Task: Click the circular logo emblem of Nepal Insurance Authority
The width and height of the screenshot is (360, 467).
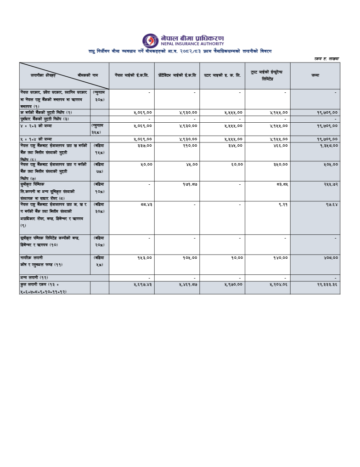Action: [150, 40]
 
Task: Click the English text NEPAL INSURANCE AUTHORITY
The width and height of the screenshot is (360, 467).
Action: [192, 44]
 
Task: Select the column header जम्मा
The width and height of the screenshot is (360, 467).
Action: [315, 75]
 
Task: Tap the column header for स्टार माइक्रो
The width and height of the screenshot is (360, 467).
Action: [222, 75]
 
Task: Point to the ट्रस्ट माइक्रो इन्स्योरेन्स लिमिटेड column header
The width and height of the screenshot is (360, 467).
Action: [267, 75]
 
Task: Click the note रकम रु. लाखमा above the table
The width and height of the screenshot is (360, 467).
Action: [326, 58]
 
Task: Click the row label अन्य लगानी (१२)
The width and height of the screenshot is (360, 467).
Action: [34, 278]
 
